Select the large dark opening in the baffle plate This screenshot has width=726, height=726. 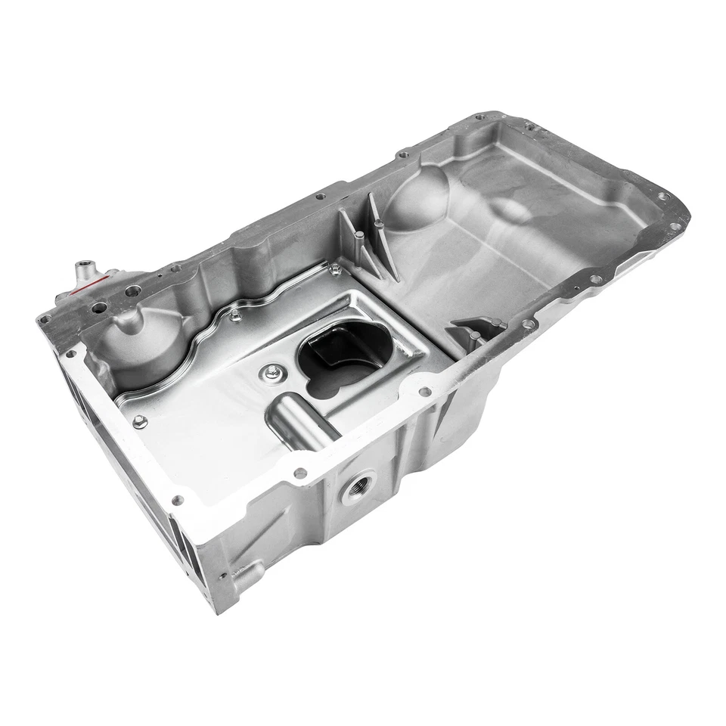tap(343, 361)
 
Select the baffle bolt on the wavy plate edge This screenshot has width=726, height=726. tap(234, 312)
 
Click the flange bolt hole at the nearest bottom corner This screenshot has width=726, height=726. tap(178, 500)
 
